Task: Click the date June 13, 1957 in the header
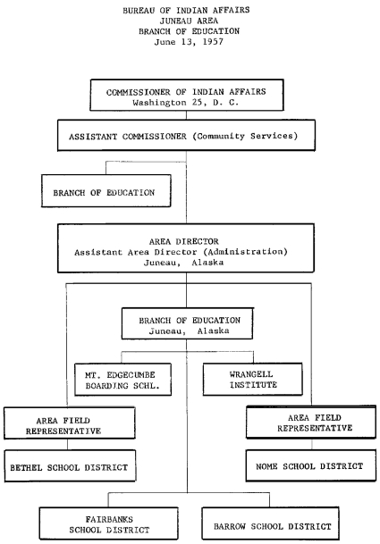point(189,40)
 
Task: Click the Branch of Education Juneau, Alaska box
point(186,322)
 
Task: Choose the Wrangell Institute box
point(245,380)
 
